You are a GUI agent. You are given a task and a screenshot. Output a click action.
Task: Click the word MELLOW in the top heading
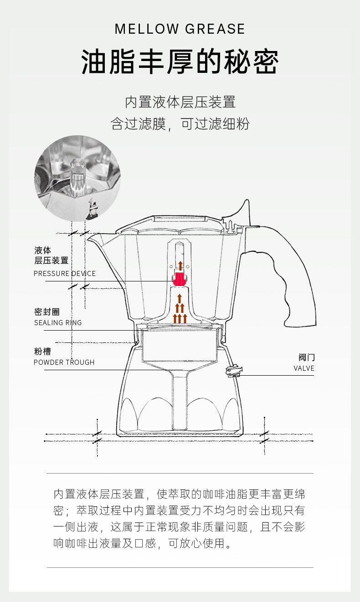coord(147,29)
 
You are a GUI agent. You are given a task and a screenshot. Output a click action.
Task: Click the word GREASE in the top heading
coord(215,29)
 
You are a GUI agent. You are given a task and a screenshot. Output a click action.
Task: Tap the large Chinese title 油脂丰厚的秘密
coord(180,62)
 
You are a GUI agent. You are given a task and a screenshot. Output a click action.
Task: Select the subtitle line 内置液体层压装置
coord(180,102)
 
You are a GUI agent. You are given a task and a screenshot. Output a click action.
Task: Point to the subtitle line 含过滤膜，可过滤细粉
coord(180,124)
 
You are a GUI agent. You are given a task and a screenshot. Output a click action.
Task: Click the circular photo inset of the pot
coord(77,178)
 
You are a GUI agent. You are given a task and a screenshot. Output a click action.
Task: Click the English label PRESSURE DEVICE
coord(65,274)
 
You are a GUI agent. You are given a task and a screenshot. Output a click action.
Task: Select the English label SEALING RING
coord(58,323)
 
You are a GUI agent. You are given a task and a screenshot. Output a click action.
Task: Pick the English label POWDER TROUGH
coord(64,362)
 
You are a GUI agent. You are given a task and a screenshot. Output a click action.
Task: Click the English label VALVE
coord(304,368)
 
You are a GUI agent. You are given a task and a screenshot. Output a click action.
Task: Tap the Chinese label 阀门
coord(307,357)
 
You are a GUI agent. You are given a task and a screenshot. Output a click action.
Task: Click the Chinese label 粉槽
coord(42,352)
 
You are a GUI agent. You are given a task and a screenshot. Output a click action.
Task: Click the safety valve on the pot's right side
coord(233,371)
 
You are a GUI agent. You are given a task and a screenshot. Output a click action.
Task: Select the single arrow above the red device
coord(180,266)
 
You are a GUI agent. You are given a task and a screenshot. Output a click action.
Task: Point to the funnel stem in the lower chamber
coord(180,401)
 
